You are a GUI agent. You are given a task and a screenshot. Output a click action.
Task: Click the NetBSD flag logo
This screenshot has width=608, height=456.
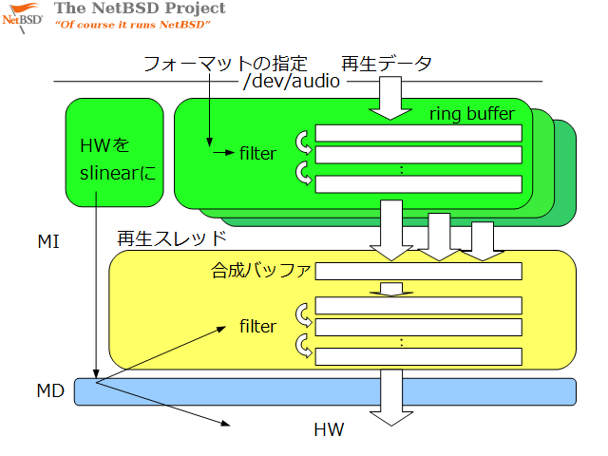pos(23,18)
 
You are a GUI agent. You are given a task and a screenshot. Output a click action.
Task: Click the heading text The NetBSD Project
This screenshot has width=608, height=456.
pos(140,9)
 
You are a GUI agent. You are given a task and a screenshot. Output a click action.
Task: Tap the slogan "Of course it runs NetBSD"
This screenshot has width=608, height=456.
pos(133,25)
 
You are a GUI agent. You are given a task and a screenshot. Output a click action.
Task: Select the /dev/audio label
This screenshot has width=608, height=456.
pos(292,81)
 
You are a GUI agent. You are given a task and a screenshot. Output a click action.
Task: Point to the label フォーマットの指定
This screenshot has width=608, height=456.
pos(225,64)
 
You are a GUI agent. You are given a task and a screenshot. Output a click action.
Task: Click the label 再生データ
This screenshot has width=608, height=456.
pos(387,64)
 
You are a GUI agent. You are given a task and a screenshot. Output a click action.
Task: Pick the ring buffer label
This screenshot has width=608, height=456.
pos(472,114)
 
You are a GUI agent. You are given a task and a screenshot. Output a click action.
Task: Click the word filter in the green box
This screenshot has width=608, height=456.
pos(257,154)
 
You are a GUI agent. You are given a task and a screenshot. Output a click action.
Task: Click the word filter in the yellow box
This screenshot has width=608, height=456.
pos(257,327)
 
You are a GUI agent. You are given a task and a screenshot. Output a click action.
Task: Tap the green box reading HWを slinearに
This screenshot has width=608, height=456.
pos(114,152)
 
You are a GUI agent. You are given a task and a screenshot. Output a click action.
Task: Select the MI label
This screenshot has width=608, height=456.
pos(48,241)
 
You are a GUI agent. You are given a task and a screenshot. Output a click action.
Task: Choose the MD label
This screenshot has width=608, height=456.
pos(50,390)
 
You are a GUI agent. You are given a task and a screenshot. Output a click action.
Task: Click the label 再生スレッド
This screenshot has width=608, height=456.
pos(171,238)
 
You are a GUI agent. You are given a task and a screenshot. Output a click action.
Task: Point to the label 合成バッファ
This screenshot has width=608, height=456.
pos(260,270)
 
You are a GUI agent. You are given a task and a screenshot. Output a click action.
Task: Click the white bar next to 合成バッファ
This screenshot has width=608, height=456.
pos(419,271)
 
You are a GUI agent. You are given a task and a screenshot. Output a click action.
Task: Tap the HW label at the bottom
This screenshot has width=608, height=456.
pos(329,429)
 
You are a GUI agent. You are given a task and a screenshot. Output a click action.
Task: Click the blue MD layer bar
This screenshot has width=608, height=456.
pos(325,391)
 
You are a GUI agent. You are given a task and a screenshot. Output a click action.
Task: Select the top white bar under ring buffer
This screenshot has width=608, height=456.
pos(419,133)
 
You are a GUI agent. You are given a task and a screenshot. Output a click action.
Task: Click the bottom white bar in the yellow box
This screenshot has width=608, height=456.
pos(419,357)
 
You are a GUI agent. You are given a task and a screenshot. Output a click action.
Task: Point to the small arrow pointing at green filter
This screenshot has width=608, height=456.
pos(224,153)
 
